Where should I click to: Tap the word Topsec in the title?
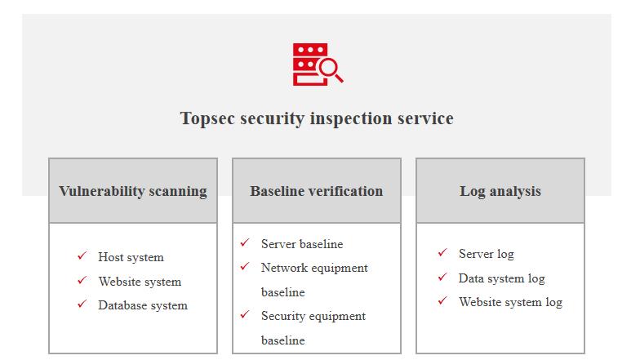(x=207, y=119)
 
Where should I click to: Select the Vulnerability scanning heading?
(x=133, y=191)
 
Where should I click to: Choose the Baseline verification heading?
(x=317, y=191)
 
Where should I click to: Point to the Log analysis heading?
(x=500, y=191)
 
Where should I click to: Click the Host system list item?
(x=131, y=257)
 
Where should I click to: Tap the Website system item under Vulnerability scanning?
(x=140, y=282)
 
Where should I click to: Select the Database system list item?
(x=143, y=305)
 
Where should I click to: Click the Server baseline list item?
(x=302, y=244)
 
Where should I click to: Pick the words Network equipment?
(x=315, y=268)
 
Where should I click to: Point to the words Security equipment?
(x=313, y=316)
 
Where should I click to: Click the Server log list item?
(x=487, y=254)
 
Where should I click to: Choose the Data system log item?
(x=501, y=278)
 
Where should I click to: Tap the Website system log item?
(x=511, y=302)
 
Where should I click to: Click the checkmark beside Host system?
(x=82, y=256)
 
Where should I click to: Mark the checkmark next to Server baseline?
(x=245, y=242)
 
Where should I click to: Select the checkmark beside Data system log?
(x=442, y=277)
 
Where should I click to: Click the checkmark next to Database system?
(x=82, y=304)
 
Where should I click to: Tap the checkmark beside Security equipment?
(x=245, y=314)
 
